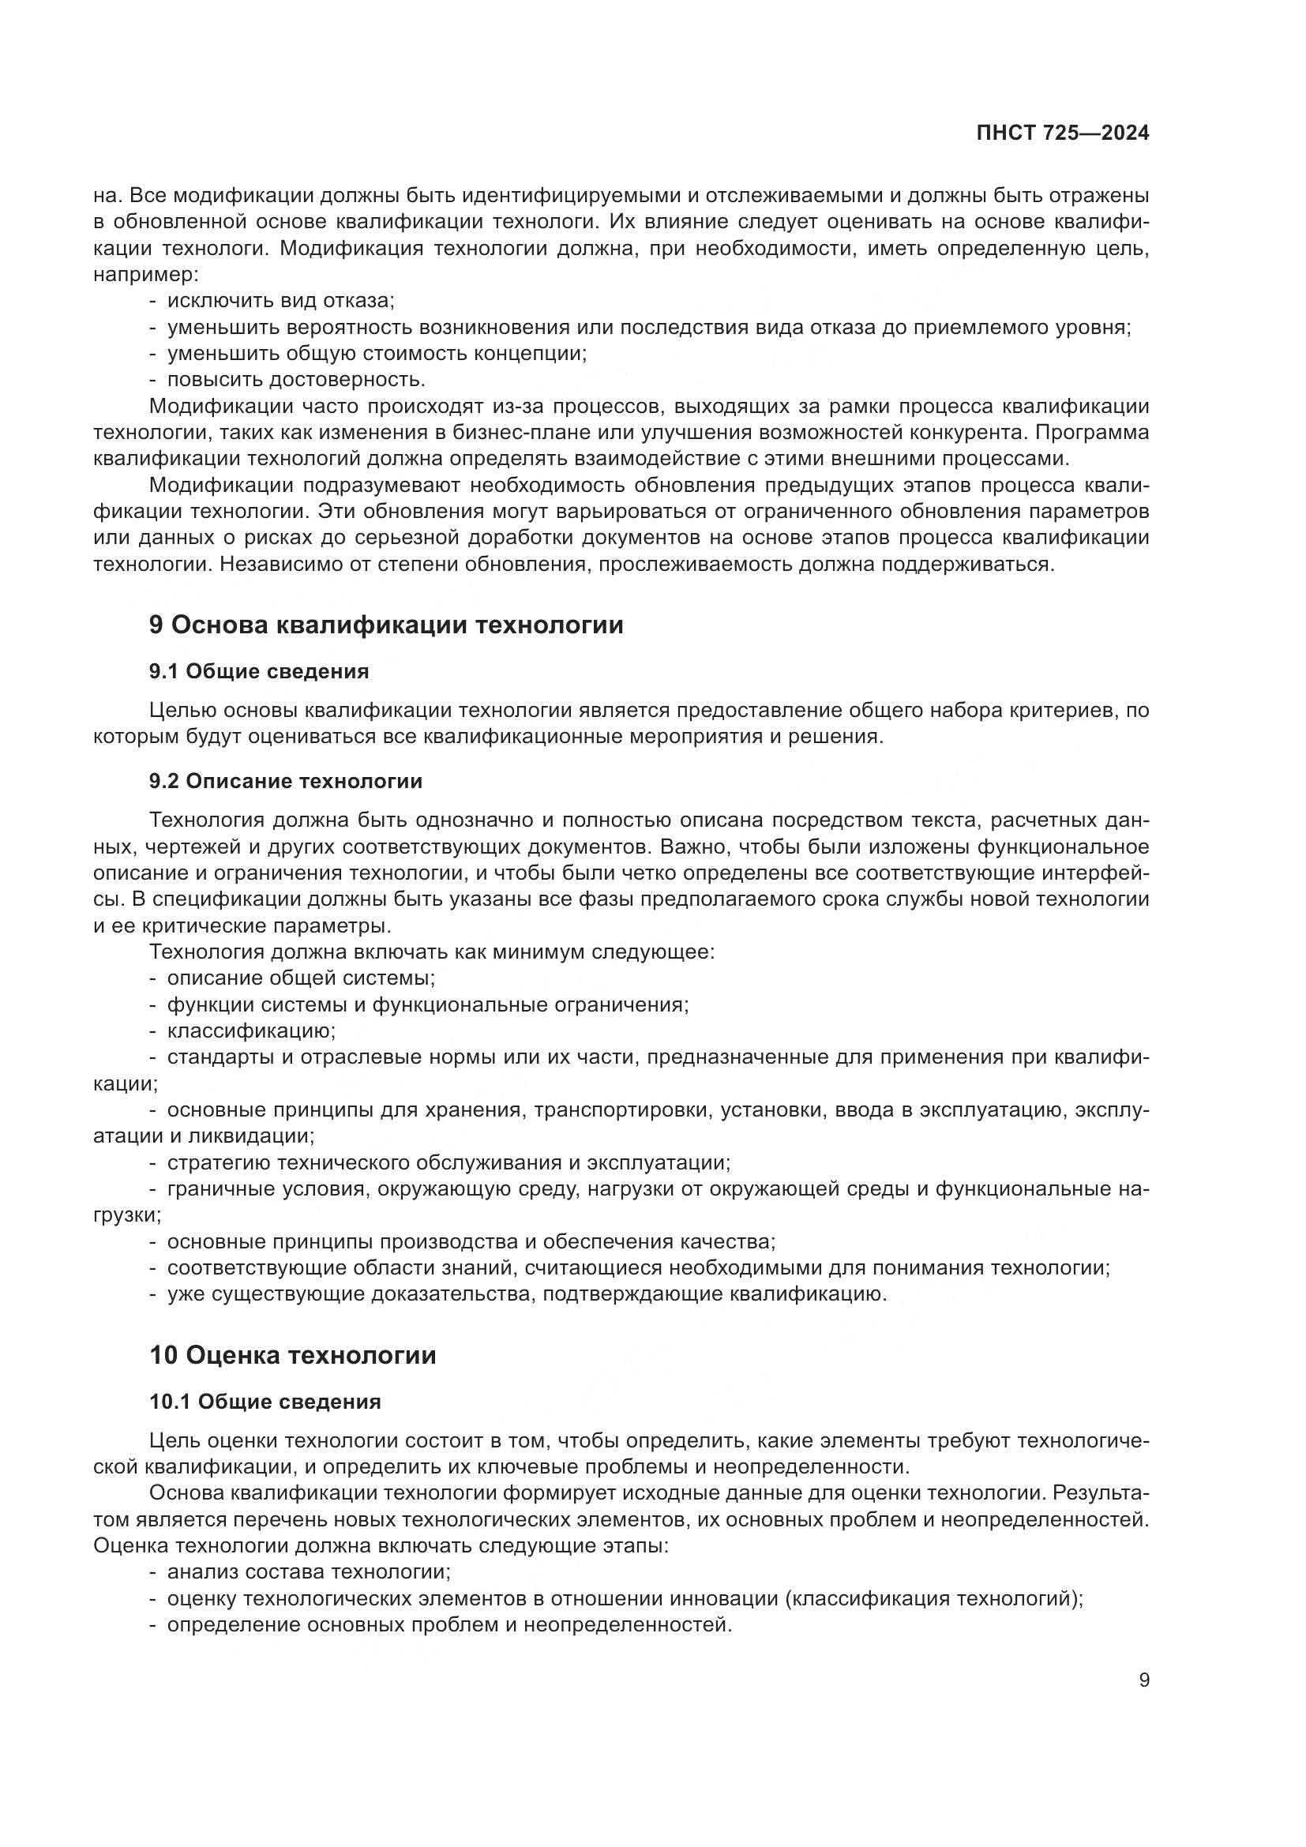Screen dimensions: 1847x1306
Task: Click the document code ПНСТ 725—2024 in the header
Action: pyautogui.click(x=1062, y=133)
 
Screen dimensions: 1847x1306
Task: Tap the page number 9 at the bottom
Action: pyautogui.click(x=1144, y=1680)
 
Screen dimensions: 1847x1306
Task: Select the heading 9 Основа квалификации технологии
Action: pyautogui.click(x=386, y=625)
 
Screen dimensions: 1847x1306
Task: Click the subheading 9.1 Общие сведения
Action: pyautogui.click(x=259, y=672)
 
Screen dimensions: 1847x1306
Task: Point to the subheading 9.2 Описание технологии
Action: pyautogui.click(x=286, y=781)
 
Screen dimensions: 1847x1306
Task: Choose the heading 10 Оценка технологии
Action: pyautogui.click(x=293, y=1356)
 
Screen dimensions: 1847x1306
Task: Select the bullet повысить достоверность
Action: pyautogui.click(x=296, y=380)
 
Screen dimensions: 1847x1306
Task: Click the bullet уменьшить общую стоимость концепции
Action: pyautogui.click(x=377, y=353)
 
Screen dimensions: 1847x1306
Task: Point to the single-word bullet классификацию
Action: pyautogui.click(x=251, y=1031)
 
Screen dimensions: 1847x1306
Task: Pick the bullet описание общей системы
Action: pyautogui.click(x=301, y=978)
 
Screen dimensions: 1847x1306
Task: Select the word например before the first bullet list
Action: pyautogui.click(x=144, y=275)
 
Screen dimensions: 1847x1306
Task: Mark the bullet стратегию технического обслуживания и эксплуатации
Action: pyautogui.click(x=448, y=1163)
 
